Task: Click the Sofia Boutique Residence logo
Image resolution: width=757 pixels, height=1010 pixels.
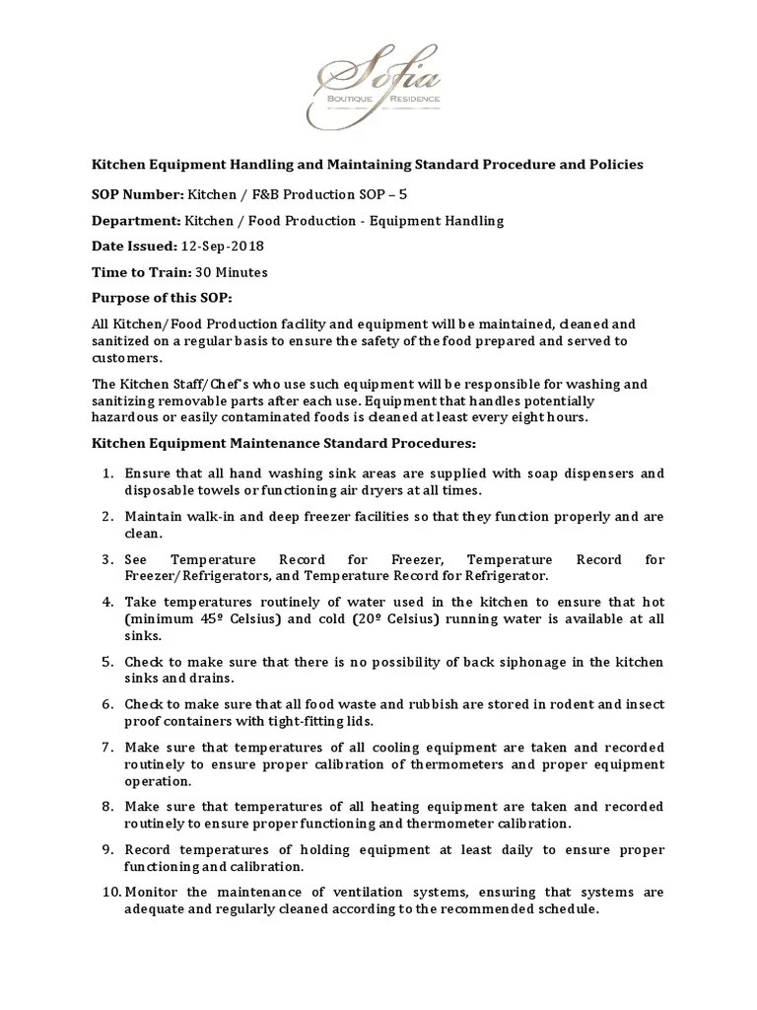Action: click(378, 92)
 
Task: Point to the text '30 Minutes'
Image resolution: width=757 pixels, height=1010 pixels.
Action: click(232, 272)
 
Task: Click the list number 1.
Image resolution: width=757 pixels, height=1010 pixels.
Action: click(109, 473)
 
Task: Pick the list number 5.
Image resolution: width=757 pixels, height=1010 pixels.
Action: click(109, 661)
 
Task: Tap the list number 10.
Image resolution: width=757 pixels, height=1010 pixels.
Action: click(109, 893)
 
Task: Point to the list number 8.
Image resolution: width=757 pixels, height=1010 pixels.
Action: click(109, 807)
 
